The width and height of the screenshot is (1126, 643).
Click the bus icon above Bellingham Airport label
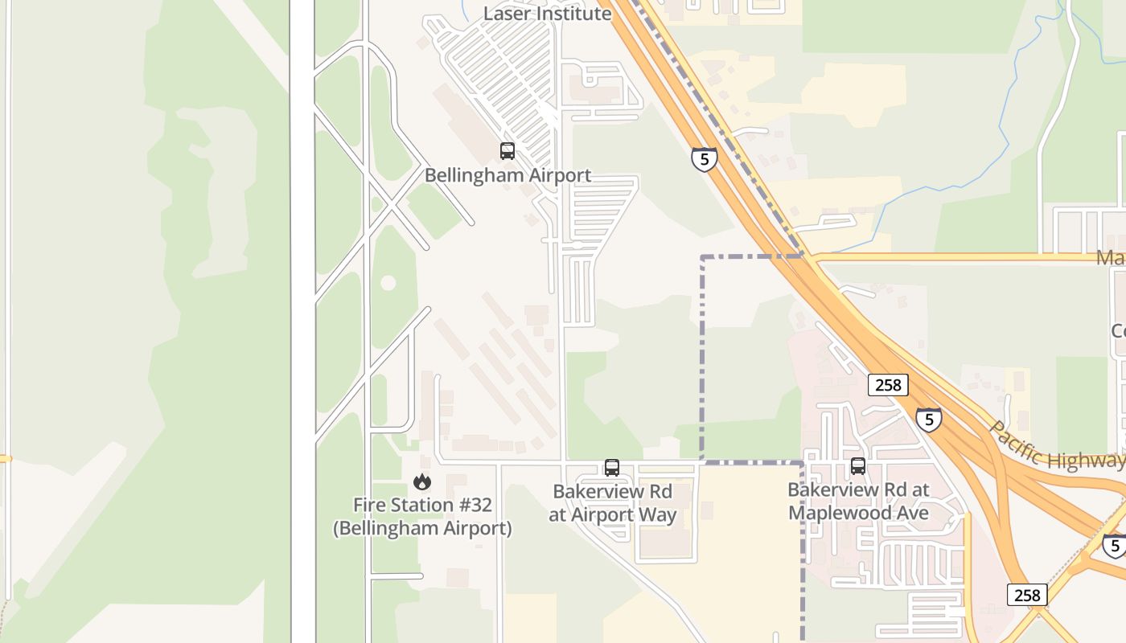[507, 150]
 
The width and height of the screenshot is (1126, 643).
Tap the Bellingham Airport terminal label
[508, 175]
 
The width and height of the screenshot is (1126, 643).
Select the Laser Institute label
[547, 14]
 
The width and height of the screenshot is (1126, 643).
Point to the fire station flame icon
[421, 482]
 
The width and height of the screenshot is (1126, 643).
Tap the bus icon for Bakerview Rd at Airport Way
[611, 468]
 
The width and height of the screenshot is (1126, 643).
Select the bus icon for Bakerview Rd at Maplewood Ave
[857, 466]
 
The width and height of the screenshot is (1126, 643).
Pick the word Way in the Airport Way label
[656, 515]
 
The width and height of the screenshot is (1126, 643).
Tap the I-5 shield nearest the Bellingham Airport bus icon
[704, 158]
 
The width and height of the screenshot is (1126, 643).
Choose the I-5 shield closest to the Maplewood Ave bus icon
[928, 419]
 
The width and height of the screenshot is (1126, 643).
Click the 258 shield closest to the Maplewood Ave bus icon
[888, 385]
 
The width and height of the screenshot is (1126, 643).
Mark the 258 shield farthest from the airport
[1026, 595]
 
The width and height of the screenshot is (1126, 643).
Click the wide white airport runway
[302, 321]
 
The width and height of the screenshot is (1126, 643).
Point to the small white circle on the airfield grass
[388, 283]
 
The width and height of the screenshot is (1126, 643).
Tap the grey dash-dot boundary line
[702, 362]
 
